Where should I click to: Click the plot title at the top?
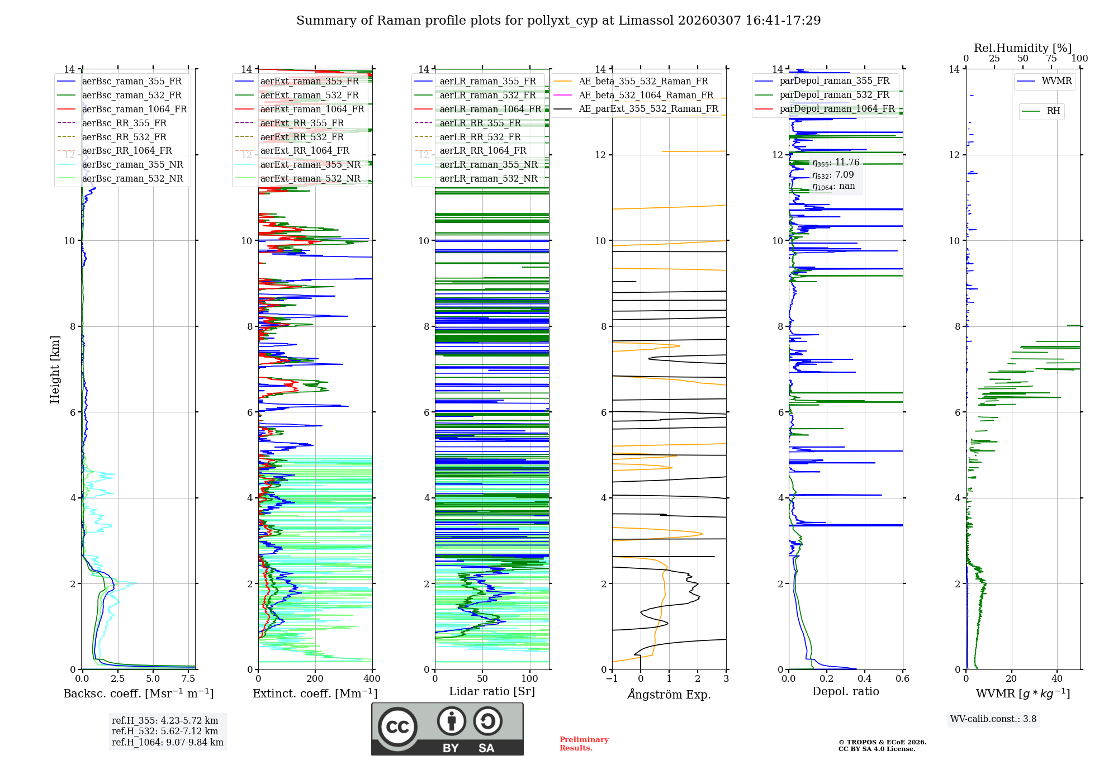(x=558, y=21)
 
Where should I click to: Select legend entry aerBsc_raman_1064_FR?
(x=134, y=109)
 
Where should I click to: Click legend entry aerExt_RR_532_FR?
(x=302, y=137)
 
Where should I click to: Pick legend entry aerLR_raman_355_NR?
(x=488, y=164)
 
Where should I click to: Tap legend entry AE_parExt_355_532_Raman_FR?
(x=648, y=108)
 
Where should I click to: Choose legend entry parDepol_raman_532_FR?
(x=834, y=94)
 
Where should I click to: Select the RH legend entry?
(x=1053, y=111)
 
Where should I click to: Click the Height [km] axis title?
(x=55, y=369)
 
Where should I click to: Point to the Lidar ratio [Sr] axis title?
(x=492, y=691)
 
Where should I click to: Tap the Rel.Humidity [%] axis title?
(x=1022, y=48)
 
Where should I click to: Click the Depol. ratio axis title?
(x=845, y=691)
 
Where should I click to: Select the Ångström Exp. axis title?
(x=669, y=694)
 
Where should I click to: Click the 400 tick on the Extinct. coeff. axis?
(x=372, y=679)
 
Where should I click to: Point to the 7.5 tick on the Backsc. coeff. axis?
(x=188, y=679)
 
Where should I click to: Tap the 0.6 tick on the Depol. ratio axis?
(x=902, y=679)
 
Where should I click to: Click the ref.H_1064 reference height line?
(x=167, y=742)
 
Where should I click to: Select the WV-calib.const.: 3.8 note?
(x=993, y=719)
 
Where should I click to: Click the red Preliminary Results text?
(x=584, y=744)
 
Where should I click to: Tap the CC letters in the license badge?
(x=397, y=727)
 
